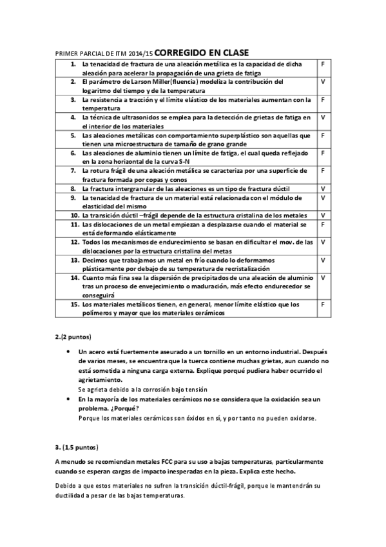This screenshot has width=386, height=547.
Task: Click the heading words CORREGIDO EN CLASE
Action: pyautogui.click(x=202, y=52)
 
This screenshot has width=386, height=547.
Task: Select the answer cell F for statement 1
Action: pyautogui.click(x=322, y=65)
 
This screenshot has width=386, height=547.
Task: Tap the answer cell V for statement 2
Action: pyautogui.click(x=322, y=83)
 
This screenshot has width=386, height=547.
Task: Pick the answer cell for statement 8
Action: pyautogui.click(x=322, y=188)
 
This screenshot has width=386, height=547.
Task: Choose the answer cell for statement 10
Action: pyautogui.click(x=322, y=215)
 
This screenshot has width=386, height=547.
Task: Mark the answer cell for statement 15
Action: pyautogui.click(x=322, y=303)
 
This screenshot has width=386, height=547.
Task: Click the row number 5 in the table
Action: pyautogui.click(x=74, y=135)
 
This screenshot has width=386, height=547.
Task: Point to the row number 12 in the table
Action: pyautogui.click(x=75, y=241)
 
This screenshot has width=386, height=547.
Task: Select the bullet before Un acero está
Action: pyautogui.click(x=69, y=352)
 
